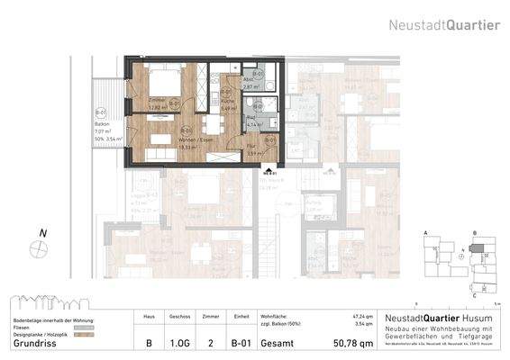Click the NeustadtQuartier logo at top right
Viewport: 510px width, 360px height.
[444, 24]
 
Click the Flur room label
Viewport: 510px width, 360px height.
[254, 146]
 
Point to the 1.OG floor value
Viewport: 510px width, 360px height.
[179, 342]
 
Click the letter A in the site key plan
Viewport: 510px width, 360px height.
[424, 232]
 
